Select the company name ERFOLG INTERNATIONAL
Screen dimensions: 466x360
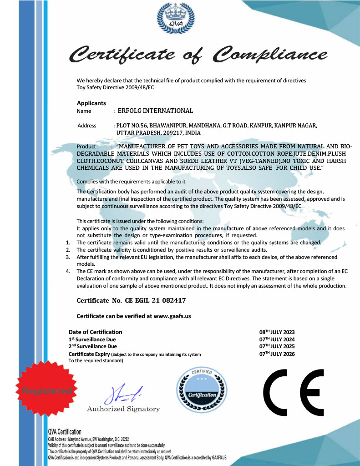[x=155, y=111]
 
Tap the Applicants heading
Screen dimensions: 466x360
[x=91, y=103]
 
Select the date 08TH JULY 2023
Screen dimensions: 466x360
[x=277, y=332]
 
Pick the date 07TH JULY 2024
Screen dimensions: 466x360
[x=277, y=339]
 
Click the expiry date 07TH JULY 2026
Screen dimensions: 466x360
[x=277, y=354]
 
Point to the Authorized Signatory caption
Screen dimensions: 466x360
[x=123, y=409]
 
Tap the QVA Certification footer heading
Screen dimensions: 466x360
[x=65, y=431]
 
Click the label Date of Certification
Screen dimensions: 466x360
[x=96, y=332]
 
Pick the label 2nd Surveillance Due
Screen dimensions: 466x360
[x=92, y=346]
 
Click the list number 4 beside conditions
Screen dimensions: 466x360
[x=67, y=272]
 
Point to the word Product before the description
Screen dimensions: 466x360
[x=86, y=147]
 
